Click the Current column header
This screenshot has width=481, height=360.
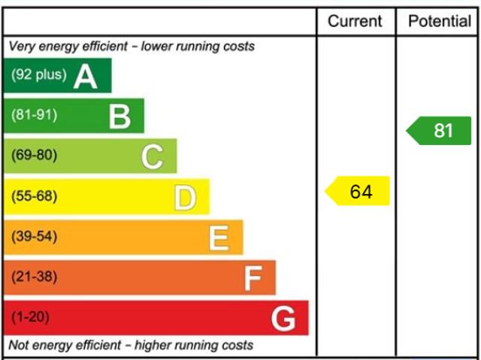(355, 21)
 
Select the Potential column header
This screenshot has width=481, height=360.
(440, 21)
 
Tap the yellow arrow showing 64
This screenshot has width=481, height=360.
(358, 192)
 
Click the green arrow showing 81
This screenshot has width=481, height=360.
(440, 131)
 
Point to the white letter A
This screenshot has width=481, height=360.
(85, 76)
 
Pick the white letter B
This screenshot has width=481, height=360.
(119, 116)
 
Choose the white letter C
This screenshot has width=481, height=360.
(152, 157)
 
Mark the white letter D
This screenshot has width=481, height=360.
(185, 198)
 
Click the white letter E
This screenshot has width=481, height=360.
(218, 238)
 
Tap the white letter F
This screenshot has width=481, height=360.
(252, 279)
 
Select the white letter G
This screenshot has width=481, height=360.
(283, 319)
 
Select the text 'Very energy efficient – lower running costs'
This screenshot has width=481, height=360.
(132, 47)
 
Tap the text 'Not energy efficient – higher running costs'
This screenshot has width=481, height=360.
(132, 346)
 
